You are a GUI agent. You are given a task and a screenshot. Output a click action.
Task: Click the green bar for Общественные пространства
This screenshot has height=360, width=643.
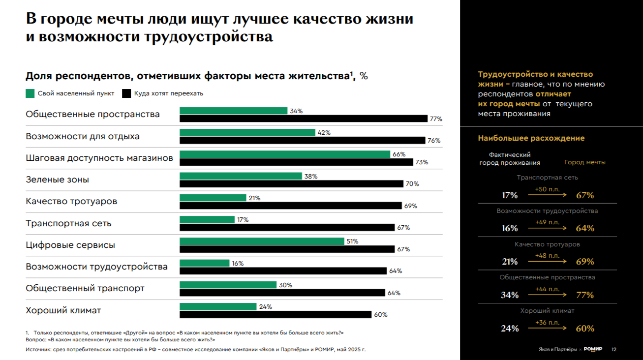tap(233, 111)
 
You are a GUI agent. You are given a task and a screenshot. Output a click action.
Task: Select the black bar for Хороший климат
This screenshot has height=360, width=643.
tap(276, 314)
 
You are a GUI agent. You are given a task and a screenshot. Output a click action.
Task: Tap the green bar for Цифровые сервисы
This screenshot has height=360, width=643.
tap(262, 241)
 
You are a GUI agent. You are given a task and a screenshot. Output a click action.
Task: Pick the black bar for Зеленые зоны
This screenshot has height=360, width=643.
tap(291, 183)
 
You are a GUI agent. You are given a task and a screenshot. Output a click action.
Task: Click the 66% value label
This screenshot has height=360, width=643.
tap(399, 154)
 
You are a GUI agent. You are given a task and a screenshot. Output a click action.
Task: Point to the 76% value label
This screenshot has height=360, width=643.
tap(434, 141)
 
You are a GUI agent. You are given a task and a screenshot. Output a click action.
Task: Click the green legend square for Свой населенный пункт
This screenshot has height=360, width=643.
tap(30, 93)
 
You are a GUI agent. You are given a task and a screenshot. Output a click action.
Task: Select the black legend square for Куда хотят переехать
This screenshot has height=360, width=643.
tap(126, 93)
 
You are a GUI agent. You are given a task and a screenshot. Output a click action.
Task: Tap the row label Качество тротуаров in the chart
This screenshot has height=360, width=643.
tap(71, 202)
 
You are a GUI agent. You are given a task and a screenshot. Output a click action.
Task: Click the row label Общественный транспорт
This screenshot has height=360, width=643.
tap(85, 288)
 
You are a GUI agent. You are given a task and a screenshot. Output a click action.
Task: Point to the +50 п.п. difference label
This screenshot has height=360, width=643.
tap(547, 188)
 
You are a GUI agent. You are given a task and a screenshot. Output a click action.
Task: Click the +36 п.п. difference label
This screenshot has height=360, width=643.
tap(547, 322)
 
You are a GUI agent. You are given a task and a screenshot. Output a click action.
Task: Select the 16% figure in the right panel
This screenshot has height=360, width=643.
tap(510, 228)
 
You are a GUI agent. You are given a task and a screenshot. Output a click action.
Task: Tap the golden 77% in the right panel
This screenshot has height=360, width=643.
tap(585, 295)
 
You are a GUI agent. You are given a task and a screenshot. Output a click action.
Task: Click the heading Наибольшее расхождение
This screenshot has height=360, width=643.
tap(531, 138)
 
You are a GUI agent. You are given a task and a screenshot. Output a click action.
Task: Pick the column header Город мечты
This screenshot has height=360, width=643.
tap(584, 162)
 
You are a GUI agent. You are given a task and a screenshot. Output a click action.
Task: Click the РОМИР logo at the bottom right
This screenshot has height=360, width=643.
tap(593, 349)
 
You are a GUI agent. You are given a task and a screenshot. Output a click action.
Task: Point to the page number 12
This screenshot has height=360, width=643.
tap(613, 350)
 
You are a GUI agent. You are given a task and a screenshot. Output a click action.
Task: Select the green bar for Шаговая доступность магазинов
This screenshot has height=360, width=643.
tap(285, 154)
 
